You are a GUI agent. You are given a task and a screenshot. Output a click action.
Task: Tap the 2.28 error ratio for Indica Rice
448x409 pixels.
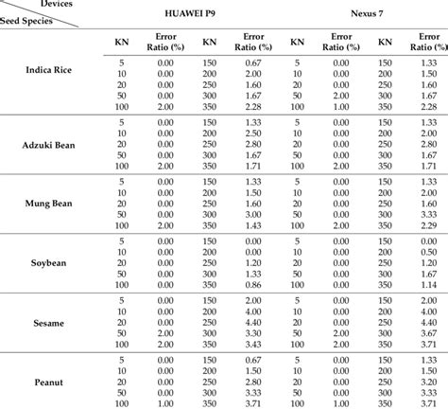(x=422, y=108)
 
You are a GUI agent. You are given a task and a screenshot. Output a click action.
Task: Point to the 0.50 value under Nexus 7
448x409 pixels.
(x=422, y=252)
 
